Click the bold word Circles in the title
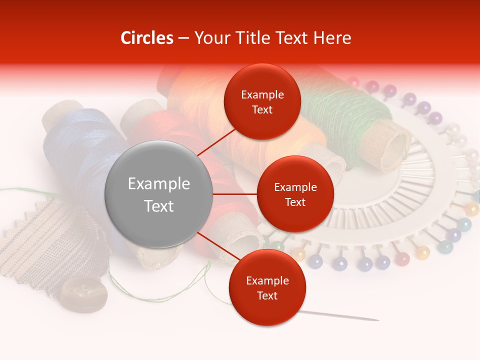[147, 38]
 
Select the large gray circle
[158, 194]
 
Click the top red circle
[262, 101]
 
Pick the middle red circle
[295, 194]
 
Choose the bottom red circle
[267, 287]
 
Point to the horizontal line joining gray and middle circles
[234, 194]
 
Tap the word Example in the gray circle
[158, 184]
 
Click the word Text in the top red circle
[262, 109]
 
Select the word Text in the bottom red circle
[267, 295]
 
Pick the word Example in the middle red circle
[295, 187]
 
